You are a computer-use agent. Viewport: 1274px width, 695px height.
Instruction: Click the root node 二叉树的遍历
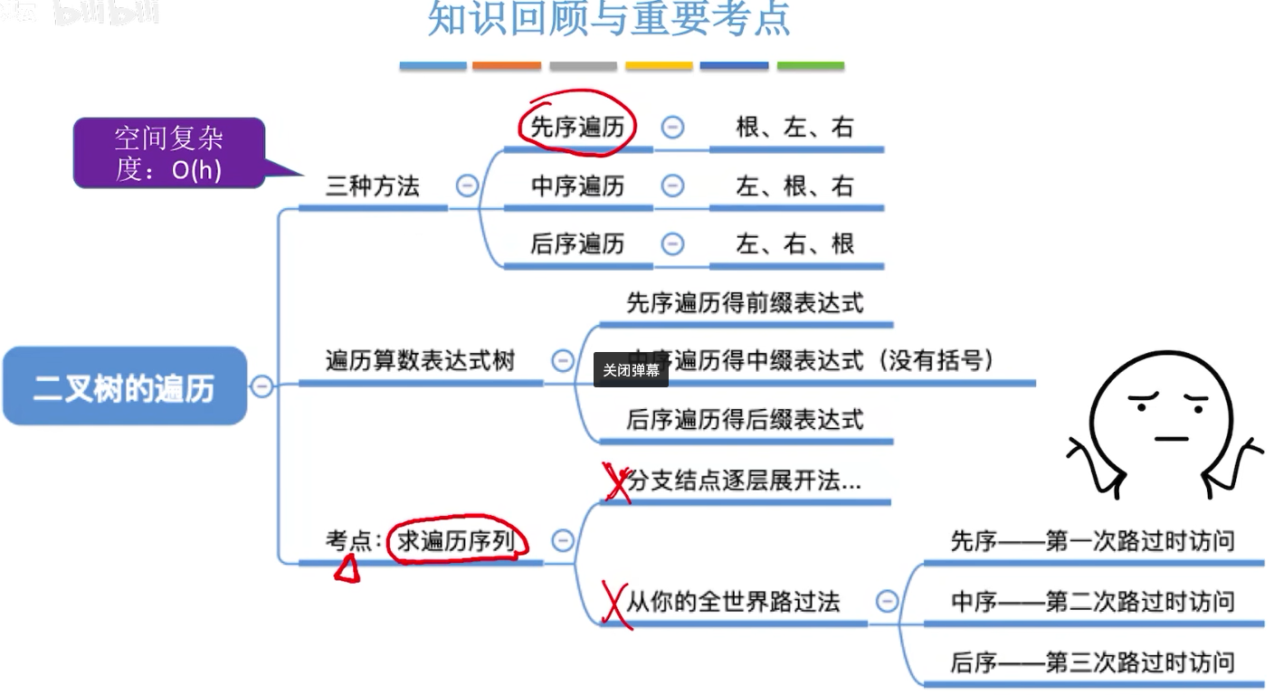point(125,386)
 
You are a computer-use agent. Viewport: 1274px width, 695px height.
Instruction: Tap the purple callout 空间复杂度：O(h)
point(168,153)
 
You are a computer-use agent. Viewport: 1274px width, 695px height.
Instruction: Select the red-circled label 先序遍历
point(577,128)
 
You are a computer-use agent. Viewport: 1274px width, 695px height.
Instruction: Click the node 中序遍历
point(577,186)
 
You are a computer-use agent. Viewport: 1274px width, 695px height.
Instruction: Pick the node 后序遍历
point(577,243)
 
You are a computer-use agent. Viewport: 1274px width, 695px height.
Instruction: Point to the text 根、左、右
point(795,128)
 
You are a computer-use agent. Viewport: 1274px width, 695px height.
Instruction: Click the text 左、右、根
point(795,243)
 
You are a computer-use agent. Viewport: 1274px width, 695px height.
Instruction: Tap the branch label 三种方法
point(373,186)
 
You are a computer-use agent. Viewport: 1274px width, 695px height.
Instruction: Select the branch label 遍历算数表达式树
point(420,361)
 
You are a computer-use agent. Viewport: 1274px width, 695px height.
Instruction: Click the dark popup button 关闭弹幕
point(631,370)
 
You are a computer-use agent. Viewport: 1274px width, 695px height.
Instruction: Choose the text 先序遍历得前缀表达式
point(745,303)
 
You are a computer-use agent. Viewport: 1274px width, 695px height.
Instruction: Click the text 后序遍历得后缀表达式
point(745,420)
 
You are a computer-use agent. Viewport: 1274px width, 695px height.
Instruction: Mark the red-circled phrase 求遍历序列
point(455,541)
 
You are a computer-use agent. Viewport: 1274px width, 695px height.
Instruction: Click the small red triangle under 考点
point(347,569)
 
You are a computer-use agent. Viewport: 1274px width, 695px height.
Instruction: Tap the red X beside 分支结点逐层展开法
point(617,482)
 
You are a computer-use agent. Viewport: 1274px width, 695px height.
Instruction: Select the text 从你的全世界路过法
point(733,602)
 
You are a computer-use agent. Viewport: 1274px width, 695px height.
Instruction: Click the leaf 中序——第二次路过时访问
point(1092,602)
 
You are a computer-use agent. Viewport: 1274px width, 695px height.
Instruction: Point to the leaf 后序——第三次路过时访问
point(1092,662)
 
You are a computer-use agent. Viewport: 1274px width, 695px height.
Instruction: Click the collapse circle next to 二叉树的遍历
point(261,386)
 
